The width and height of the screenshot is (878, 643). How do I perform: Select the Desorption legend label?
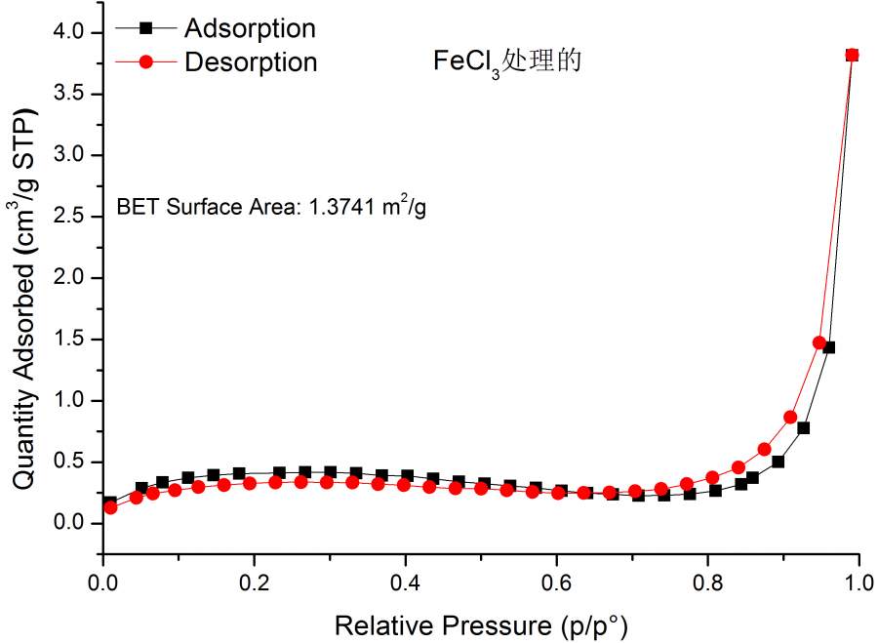point(251,61)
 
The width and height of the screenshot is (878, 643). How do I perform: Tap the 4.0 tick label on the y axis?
point(73,33)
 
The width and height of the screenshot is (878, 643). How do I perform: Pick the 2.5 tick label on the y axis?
point(73,217)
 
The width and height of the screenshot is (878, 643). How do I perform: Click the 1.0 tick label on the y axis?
point(73,401)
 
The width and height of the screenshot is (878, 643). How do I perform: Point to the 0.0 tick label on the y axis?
point(73,524)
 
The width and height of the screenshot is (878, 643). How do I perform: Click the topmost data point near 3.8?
point(852,55)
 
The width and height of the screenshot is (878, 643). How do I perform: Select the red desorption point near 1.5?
point(819,342)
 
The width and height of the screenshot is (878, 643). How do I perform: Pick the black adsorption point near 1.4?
point(828,347)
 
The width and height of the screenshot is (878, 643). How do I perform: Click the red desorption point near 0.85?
point(790,418)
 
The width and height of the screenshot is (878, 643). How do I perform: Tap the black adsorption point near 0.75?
point(804,427)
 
